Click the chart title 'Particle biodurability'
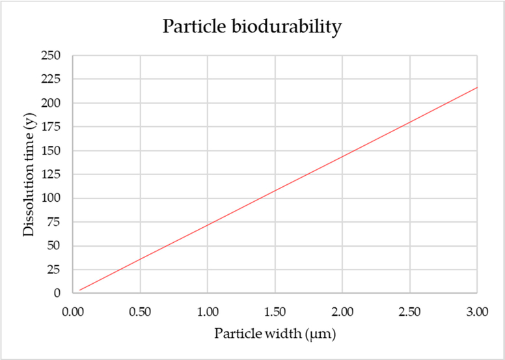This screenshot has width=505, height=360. pyautogui.click(x=252, y=27)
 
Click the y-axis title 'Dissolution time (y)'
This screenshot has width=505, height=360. pyautogui.click(x=29, y=174)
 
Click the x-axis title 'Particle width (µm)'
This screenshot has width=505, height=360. pyautogui.click(x=274, y=334)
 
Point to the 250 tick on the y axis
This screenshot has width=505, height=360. pyautogui.click(x=51, y=56)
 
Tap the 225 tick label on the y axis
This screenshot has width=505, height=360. pyautogui.click(x=51, y=79)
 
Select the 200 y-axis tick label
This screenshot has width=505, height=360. pyautogui.click(x=51, y=104)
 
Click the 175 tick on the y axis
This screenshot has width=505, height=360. pyautogui.click(x=51, y=127)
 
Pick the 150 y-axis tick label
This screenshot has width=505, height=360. pyautogui.click(x=51, y=151)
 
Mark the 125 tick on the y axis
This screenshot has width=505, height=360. pyautogui.click(x=51, y=174)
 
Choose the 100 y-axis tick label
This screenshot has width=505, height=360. pyautogui.click(x=51, y=199)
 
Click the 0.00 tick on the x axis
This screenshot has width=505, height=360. pyautogui.click(x=72, y=311)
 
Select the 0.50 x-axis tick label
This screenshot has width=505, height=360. pyautogui.click(x=139, y=311)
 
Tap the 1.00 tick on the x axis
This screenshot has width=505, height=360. pyautogui.click(x=207, y=311)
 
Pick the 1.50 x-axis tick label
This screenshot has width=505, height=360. pyautogui.click(x=275, y=311)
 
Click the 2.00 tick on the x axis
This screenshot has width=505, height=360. pyautogui.click(x=342, y=311)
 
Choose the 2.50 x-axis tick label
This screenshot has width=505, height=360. pyautogui.click(x=410, y=311)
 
